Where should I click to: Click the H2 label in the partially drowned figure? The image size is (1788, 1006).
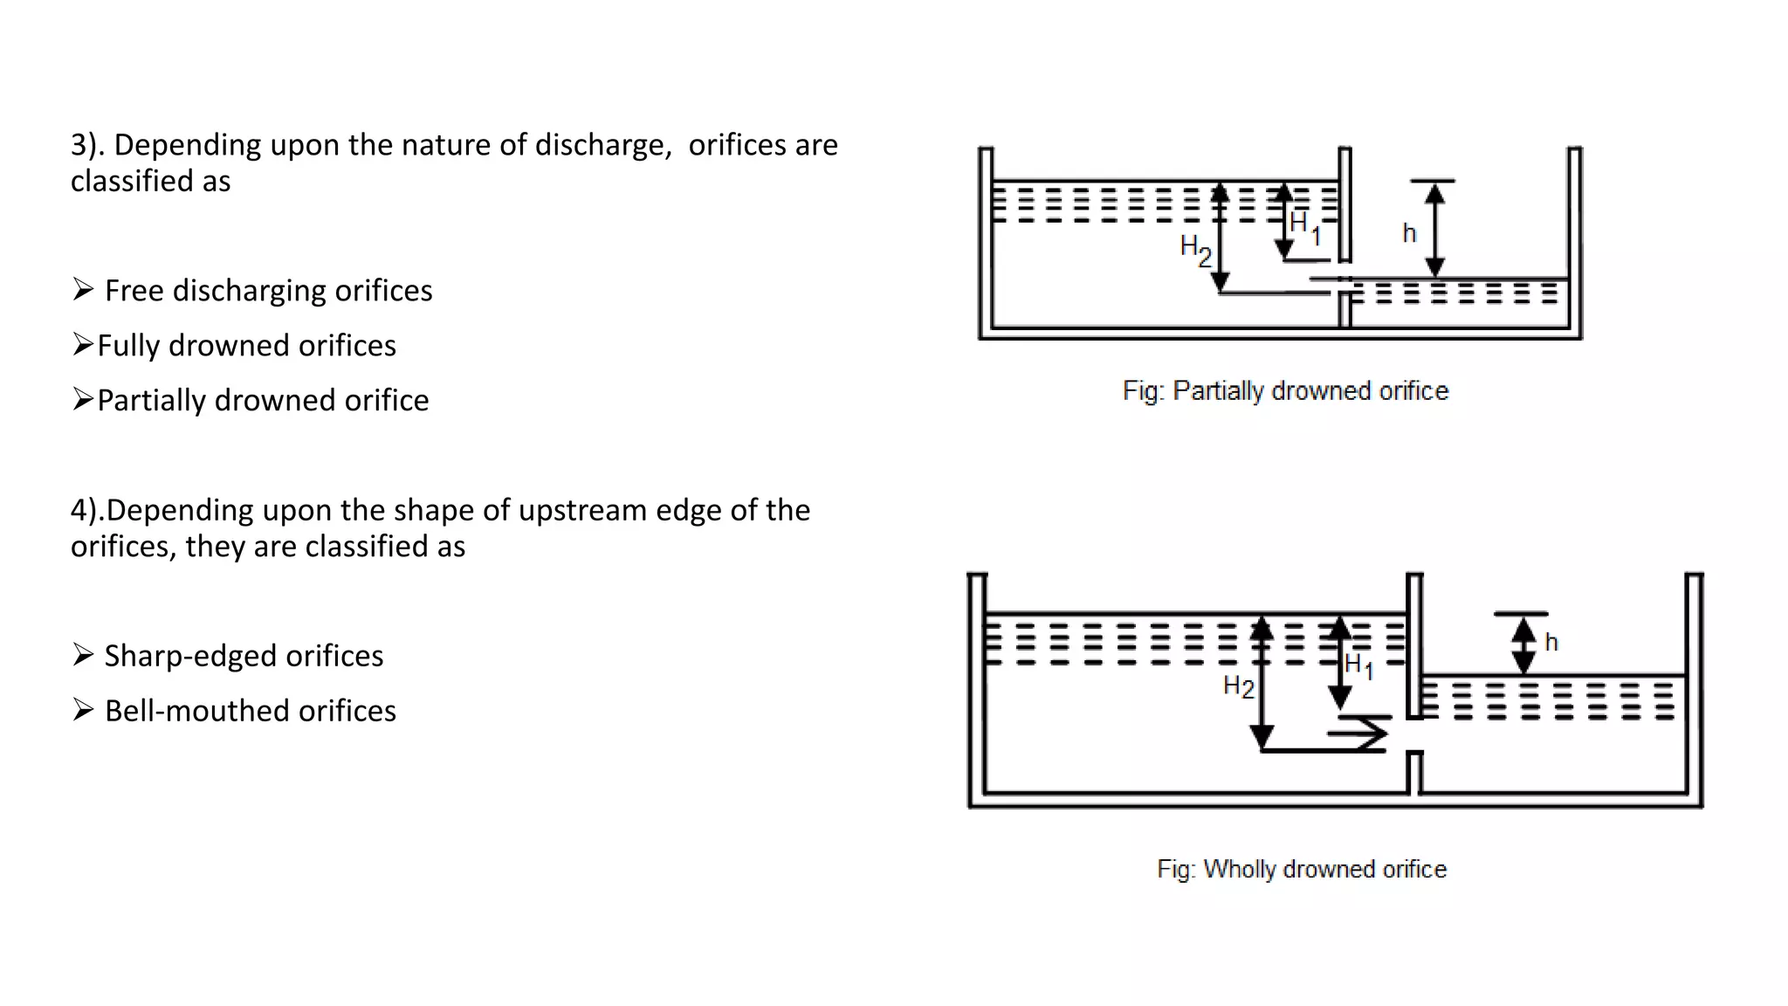point(1195,250)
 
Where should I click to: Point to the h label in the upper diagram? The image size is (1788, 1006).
point(1409,233)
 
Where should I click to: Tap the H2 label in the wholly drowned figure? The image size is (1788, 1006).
point(1238,686)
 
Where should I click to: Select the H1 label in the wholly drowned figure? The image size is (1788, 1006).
point(1358,666)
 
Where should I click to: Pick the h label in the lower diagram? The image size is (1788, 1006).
point(1551,643)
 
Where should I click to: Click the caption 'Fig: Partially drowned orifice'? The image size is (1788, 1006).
point(1285,390)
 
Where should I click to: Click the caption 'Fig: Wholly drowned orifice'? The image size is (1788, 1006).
point(1302,869)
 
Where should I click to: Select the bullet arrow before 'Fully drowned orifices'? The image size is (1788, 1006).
point(83,345)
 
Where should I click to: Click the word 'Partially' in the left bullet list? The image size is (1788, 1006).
point(152,400)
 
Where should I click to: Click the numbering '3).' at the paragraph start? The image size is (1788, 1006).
point(87,145)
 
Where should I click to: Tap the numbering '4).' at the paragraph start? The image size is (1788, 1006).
point(87,510)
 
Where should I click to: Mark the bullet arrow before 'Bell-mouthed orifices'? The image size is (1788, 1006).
point(83,710)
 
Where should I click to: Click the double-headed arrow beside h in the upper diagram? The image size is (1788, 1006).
point(1434,230)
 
